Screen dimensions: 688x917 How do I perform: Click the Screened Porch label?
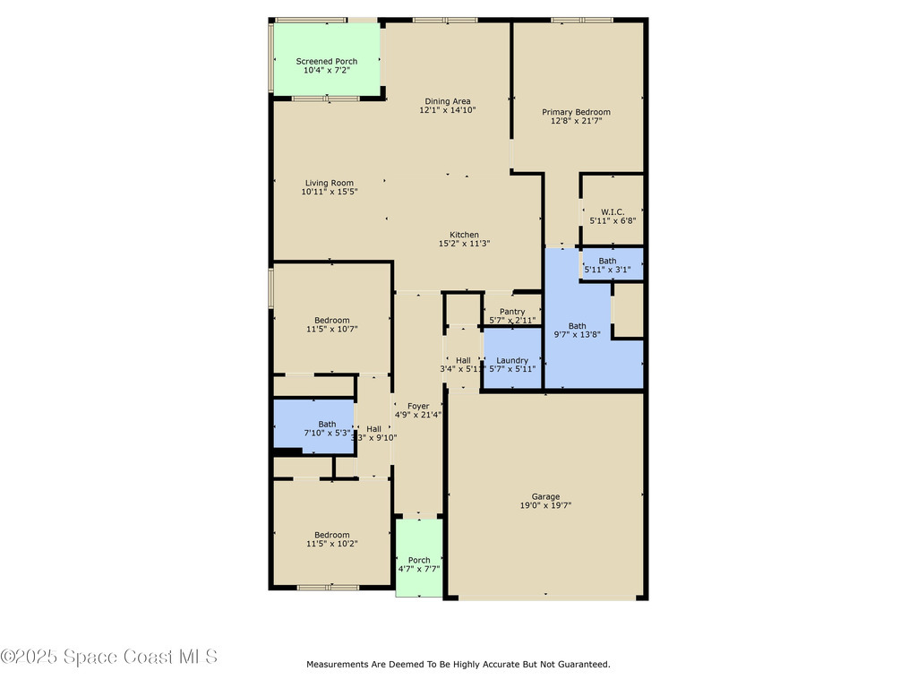327,61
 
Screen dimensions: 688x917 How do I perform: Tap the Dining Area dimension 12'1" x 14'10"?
448,110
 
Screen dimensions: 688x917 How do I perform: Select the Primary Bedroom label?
576,112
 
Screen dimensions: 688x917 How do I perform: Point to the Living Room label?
330,183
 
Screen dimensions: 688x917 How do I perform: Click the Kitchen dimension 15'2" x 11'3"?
464,244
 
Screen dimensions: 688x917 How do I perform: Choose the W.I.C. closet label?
613,212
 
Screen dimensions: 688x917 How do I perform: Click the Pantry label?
512,312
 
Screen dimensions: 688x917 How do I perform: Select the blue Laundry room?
512,364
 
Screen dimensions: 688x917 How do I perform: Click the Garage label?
545,496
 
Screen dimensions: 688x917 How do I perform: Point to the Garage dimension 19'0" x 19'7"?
545,506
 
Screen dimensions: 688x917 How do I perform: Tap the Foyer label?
418,407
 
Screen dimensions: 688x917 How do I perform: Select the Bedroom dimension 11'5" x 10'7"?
332,330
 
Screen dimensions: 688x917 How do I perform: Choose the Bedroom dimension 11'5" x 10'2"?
332,544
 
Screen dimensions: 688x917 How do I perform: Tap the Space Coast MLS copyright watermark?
109,658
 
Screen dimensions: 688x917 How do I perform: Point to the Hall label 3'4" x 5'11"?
463,360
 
